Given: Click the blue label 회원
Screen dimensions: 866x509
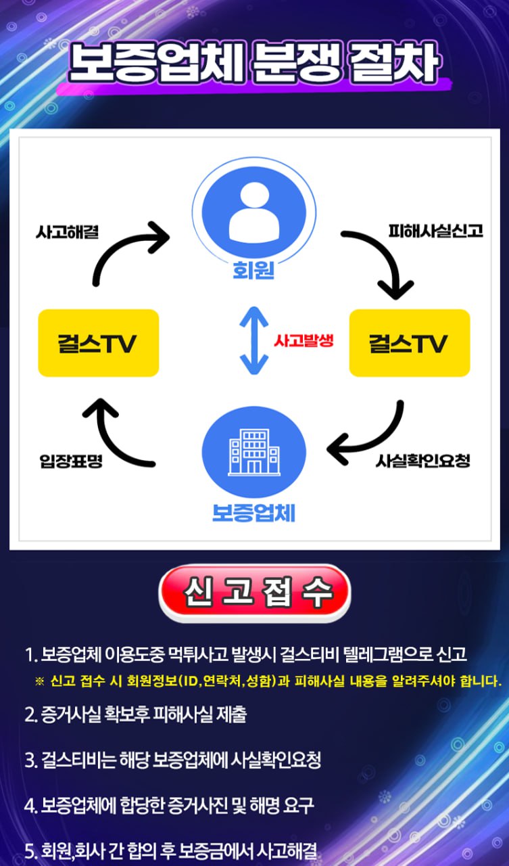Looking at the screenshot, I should tap(253, 271).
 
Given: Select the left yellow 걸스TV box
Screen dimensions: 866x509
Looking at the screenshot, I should tap(99, 343).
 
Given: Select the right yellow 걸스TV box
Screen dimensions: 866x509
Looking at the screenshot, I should tap(409, 343).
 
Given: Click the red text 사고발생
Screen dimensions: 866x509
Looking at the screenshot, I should tap(304, 340).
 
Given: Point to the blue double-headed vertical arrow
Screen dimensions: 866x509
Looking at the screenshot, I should tap(254, 340).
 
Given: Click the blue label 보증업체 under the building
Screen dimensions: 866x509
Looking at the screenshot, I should tap(253, 512).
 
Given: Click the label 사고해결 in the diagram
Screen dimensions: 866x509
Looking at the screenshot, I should tap(68, 232).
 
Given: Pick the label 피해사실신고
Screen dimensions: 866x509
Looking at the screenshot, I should tap(435, 231).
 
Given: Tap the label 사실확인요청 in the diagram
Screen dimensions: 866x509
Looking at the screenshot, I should tap(422, 462).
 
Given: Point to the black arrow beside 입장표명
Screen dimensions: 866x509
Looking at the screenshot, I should tap(122, 433).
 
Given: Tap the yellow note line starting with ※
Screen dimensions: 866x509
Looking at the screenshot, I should tap(268, 680).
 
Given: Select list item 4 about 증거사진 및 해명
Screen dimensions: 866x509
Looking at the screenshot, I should tap(169, 805).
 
